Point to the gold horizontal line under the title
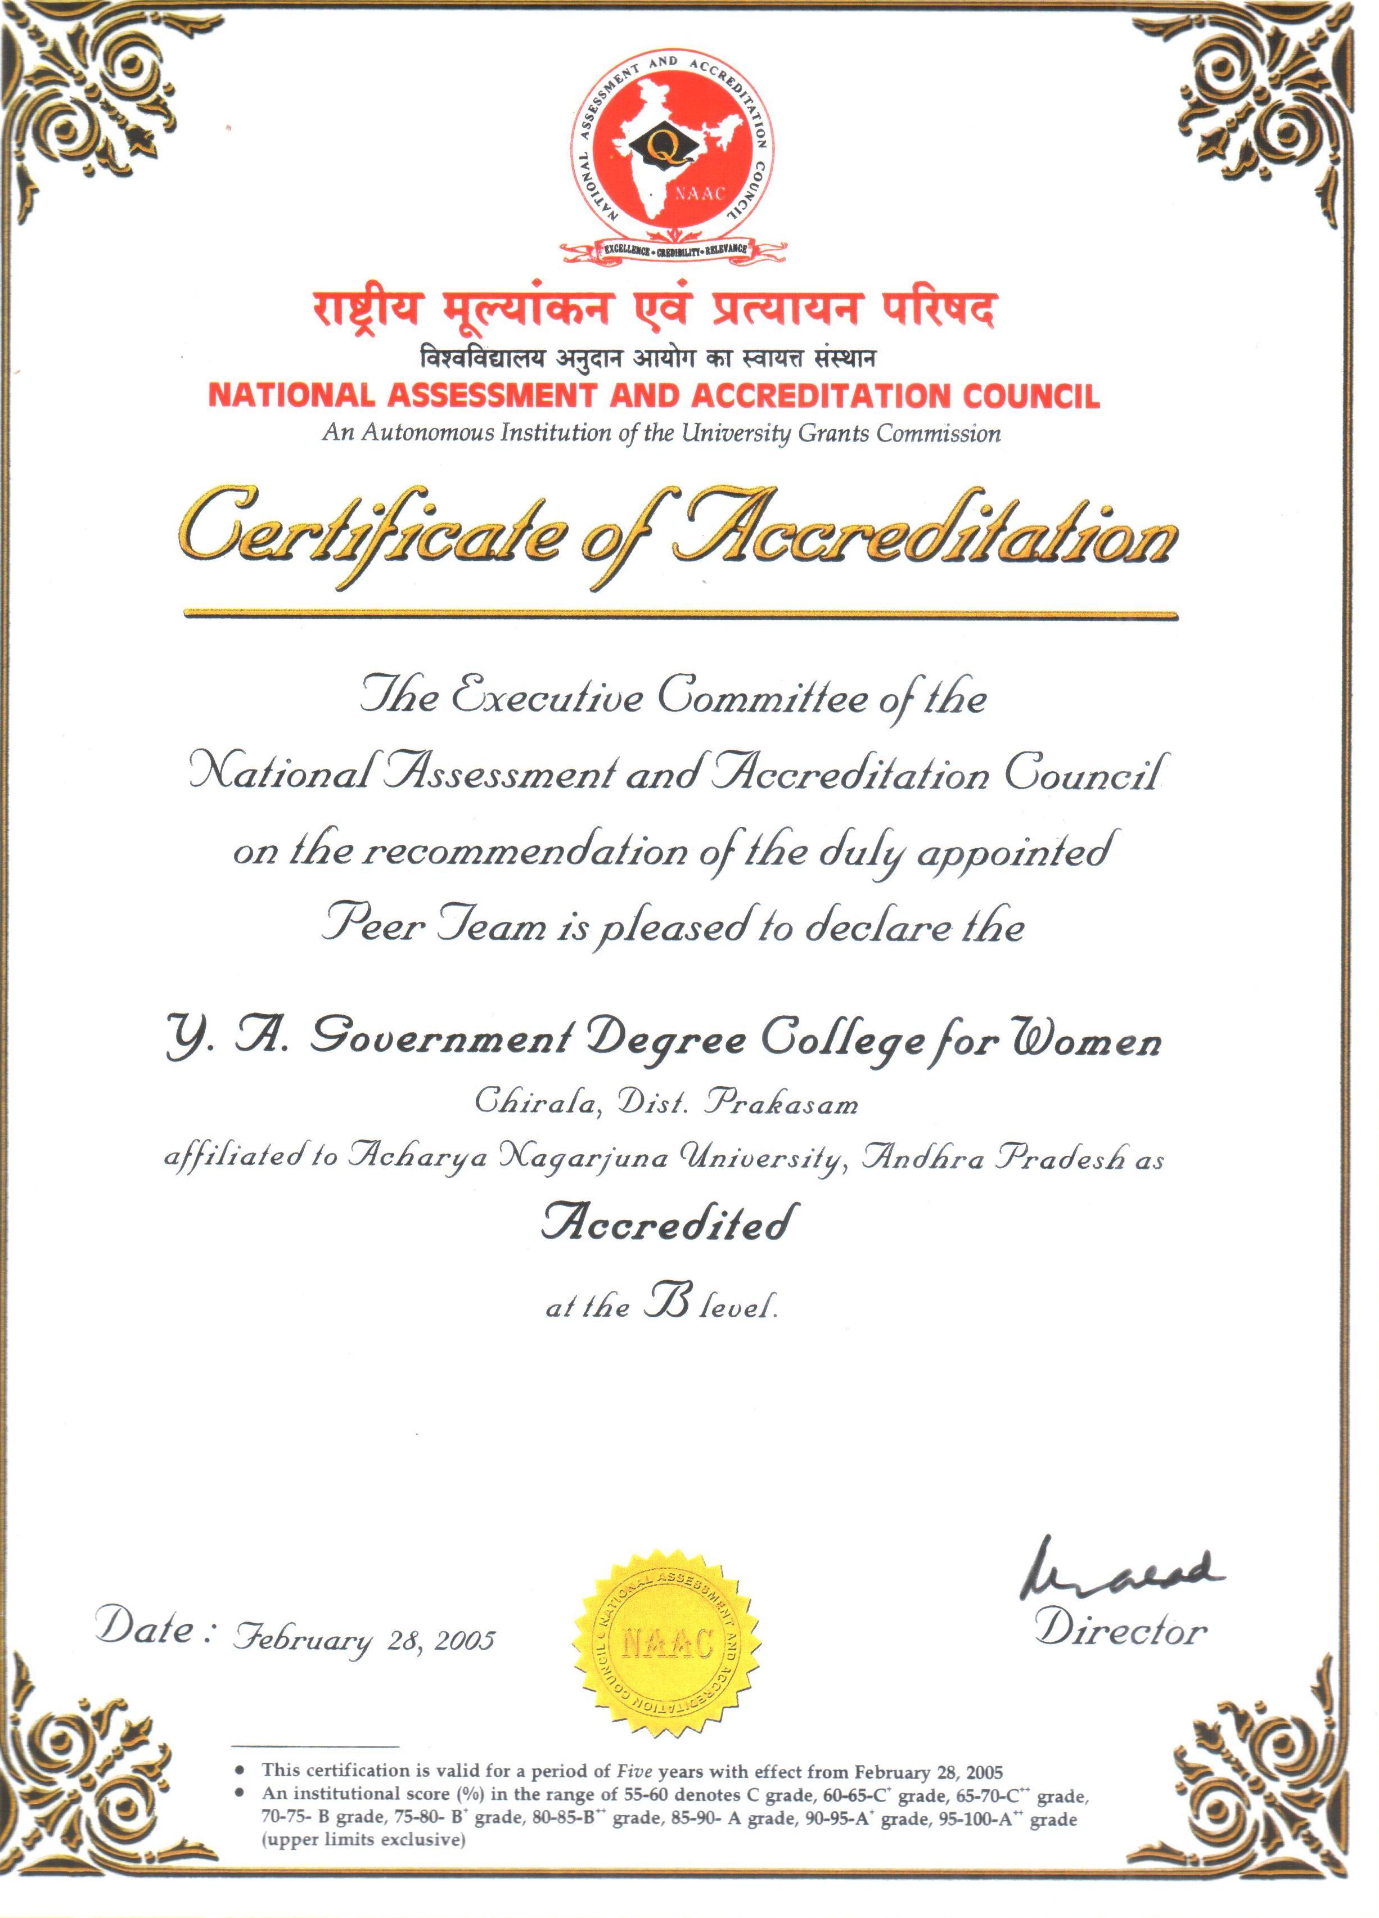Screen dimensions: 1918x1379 [680, 614]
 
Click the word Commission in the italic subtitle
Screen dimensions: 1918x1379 [938, 434]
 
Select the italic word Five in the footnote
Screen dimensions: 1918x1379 [634, 1771]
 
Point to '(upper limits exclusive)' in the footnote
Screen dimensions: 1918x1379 [363, 1839]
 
